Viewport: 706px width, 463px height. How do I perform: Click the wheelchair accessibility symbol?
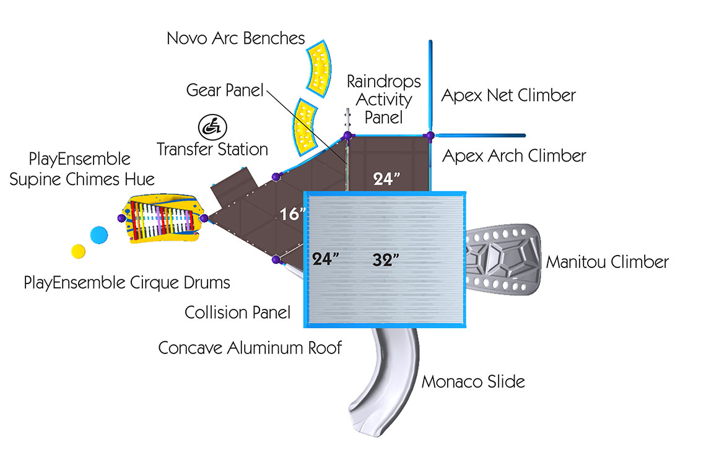[212, 126]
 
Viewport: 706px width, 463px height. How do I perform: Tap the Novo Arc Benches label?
[236, 38]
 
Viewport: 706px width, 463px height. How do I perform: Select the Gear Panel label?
[225, 90]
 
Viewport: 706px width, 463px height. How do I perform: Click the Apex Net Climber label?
[508, 95]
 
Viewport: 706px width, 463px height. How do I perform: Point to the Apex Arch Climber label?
[514, 155]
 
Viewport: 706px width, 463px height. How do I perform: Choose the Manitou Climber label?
[607, 262]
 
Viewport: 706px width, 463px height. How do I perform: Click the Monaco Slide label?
[473, 381]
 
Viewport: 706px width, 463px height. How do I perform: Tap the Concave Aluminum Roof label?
[250, 348]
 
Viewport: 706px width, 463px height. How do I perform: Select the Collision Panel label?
[238, 313]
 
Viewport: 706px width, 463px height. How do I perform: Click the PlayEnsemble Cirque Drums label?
[127, 283]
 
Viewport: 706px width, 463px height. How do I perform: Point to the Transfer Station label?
[212, 149]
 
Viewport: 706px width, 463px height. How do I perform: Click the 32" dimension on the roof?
[385, 259]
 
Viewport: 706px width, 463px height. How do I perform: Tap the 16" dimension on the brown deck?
[292, 214]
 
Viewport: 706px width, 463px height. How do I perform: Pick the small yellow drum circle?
[78, 251]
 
